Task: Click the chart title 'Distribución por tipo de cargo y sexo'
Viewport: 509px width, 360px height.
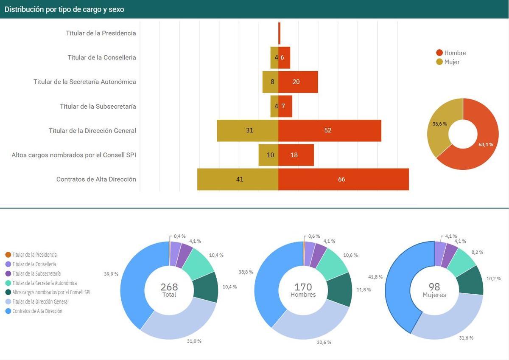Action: tap(64, 9)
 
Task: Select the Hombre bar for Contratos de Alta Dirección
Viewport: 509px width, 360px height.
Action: tap(344, 179)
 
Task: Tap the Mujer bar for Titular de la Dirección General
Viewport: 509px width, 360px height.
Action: tap(248, 130)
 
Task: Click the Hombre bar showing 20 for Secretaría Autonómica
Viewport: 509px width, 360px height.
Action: tap(298, 82)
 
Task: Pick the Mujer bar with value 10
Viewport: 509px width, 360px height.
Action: tap(268, 155)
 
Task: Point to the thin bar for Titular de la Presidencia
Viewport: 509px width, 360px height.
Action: tap(279, 33)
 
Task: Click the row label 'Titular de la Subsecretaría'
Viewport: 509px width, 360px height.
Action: tap(98, 106)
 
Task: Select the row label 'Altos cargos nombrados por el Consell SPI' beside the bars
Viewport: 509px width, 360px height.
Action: tap(74, 155)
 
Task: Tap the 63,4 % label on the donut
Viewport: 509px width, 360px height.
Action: tap(486, 144)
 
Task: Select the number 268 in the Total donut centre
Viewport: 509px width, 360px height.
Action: tap(169, 287)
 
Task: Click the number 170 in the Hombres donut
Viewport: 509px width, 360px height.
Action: tap(303, 287)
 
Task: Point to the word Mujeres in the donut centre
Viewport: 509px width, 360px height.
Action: tap(434, 295)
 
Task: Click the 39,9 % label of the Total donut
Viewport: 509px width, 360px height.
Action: tap(111, 274)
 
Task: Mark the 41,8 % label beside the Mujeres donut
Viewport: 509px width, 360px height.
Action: tap(375, 277)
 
